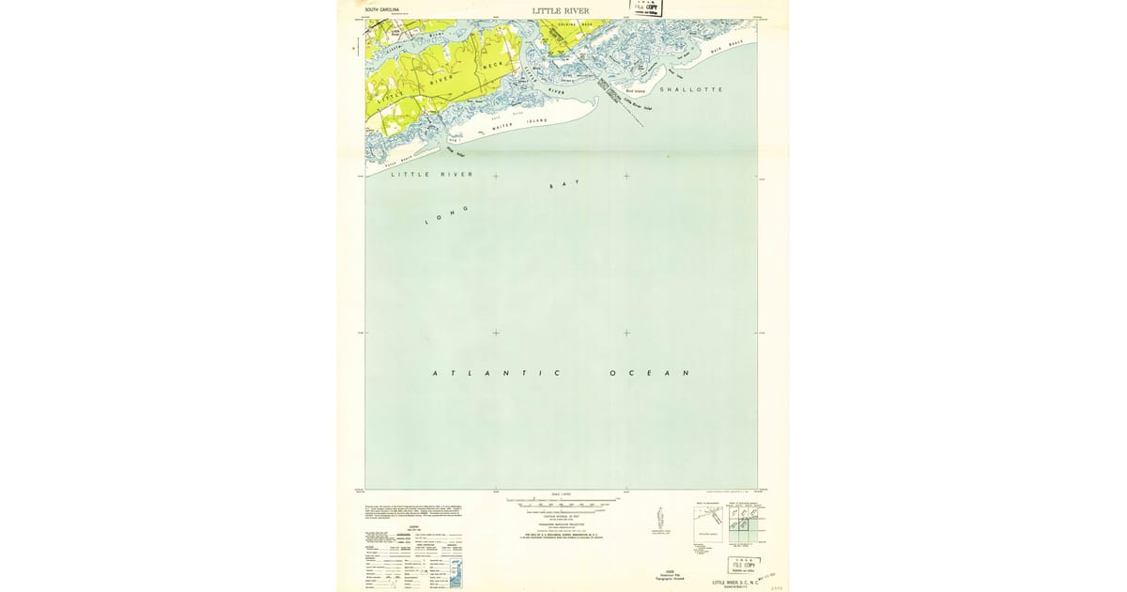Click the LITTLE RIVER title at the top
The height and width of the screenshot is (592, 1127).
pyautogui.click(x=562, y=11)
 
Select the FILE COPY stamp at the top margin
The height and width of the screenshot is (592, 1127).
pyautogui.click(x=645, y=8)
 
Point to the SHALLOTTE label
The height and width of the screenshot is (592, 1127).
pyautogui.click(x=691, y=89)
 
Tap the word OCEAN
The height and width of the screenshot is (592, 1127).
pyautogui.click(x=650, y=373)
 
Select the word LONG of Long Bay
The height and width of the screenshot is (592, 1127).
pyautogui.click(x=447, y=214)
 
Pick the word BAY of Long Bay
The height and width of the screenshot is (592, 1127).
pyautogui.click(x=564, y=185)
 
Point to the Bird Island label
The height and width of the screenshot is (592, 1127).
pyautogui.click(x=636, y=91)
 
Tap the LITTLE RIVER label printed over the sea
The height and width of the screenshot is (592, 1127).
pyautogui.click(x=432, y=175)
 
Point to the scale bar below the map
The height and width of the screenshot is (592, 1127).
pyautogui.click(x=562, y=504)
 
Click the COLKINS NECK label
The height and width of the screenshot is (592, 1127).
pyautogui.click(x=575, y=24)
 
